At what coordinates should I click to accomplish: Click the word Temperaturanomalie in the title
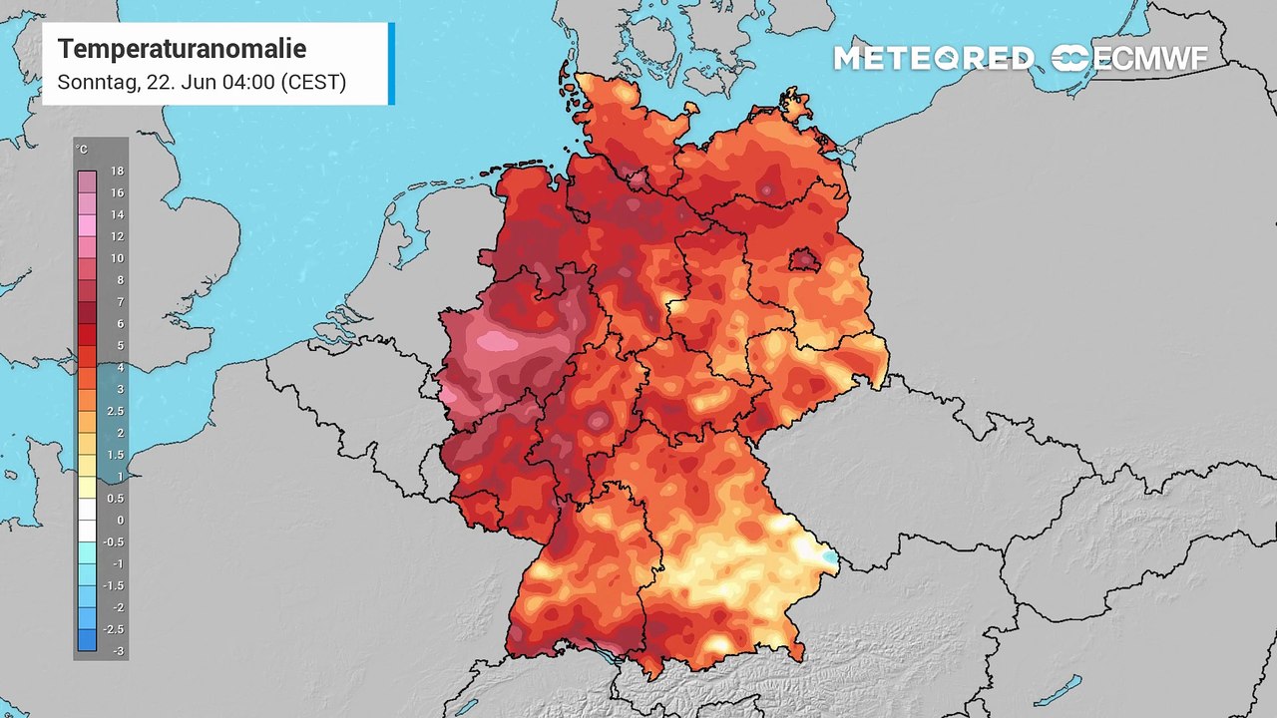click(x=182, y=49)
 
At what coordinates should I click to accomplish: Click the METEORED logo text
click(x=933, y=58)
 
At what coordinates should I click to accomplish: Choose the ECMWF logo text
click(x=1149, y=58)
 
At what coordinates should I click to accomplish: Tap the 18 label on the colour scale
click(x=117, y=172)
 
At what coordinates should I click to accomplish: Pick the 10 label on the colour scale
click(x=117, y=258)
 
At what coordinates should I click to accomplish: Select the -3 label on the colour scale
click(x=118, y=650)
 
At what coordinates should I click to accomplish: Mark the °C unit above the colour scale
click(x=82, y=150)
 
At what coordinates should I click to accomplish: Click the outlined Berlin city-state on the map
click(x=804, y=261)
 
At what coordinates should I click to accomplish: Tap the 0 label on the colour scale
click(x=120, y=520)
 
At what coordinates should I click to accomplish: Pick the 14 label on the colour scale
click(x=117, y=214)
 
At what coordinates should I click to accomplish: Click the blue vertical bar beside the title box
click(x=391, y=63)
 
